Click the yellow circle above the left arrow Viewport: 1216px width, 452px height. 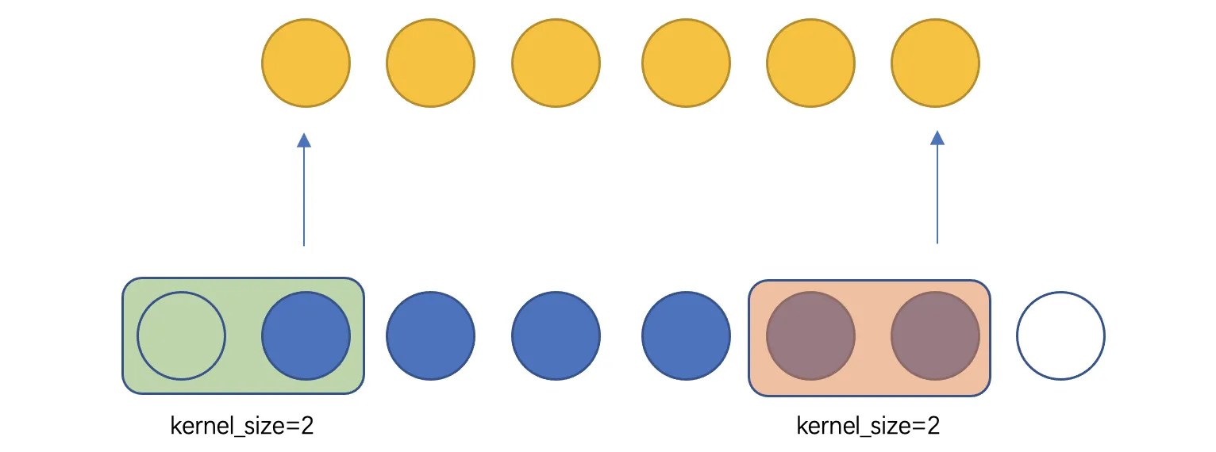[306, 63]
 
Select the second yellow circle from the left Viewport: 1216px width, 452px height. [430, 63]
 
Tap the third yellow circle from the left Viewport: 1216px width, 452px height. [556, 63]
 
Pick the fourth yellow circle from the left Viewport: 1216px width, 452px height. [686, 63]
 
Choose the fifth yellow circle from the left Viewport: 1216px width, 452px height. [811, 63]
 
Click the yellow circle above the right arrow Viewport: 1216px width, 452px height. [935, 63]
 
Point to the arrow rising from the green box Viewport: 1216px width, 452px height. [304, 190]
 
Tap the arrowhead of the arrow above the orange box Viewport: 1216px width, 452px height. [937, 138]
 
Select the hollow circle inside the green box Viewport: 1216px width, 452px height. [181, 336]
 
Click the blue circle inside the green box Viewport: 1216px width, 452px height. [306, 336]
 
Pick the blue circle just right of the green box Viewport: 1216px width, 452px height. [430, 336]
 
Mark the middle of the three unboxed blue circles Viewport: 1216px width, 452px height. [556, 336]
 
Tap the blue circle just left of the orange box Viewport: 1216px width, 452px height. [686, 336]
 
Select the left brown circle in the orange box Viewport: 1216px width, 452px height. [811, 336]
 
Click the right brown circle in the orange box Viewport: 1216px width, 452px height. [935, 336]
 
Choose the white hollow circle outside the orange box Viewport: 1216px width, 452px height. [1060, 336]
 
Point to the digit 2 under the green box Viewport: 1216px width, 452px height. [307, 426]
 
